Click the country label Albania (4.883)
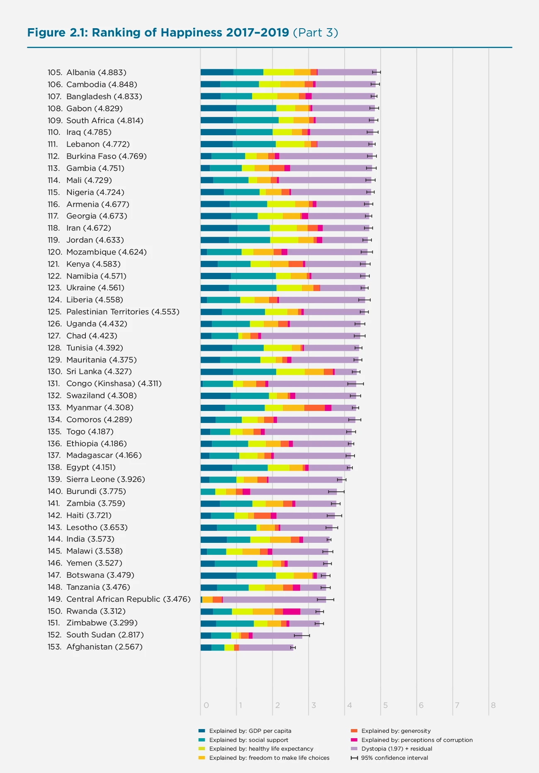(96, 73)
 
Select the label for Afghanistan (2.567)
(104, 647)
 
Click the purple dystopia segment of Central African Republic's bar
(274, 599)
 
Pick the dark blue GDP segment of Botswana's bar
(218, 575)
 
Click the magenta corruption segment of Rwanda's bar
(291, 611)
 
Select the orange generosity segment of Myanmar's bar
(314, 408)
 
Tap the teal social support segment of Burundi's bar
(208, 491)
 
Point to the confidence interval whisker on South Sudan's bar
(302, 635)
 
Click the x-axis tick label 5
(385, 705)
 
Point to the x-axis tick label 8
(493, 705)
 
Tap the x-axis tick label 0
(206, 705)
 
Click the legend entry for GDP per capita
(250, 731)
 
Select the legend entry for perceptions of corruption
(417, 740)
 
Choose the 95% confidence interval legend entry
(394, 758)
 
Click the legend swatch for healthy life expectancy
(202, 749)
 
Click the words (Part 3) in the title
(316, 33)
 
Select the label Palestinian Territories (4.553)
(123, 312)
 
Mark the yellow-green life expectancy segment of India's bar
(260, 540)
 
